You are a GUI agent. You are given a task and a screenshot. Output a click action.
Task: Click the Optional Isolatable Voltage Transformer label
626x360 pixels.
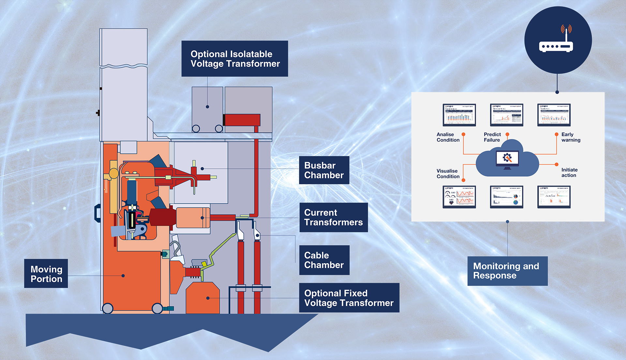pyautogui.click(x=235, y=59)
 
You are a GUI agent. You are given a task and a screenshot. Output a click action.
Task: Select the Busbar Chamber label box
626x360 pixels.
pyautogui.click(x=324, y=170)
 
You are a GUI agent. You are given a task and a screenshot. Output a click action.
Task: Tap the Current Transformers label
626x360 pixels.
pyautogui.click(x=333, y=217)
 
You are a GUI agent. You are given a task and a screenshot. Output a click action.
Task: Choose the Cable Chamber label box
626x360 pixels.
pyautogui.click(x=324, y=260)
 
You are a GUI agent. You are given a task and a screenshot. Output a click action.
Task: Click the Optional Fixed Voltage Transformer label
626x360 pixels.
pyautogui.click(x=349, y=298)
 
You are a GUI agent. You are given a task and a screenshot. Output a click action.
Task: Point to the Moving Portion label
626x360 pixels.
pyautogui.click(x=46, y=274)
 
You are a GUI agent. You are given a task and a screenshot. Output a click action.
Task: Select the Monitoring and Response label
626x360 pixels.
pyautogui.click(x=507, y=271)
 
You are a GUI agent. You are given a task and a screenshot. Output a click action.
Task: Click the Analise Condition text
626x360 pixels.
pyautogui.click(x=448, y=137)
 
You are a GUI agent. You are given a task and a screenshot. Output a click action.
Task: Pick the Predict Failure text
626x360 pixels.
pyautogui.click(x=492, y=137)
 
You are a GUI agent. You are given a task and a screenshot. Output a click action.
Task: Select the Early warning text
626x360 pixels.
pyautogui.click(x=571, y=137)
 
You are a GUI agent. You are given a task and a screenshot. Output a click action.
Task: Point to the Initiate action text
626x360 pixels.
pyautogui.click(x=569, y=173)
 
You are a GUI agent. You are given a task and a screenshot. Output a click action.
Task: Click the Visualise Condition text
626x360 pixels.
pyautogui.click(x=448, y=174)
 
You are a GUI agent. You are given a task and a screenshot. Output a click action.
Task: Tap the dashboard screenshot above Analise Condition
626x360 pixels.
pyautogui.click(x=459, y=115)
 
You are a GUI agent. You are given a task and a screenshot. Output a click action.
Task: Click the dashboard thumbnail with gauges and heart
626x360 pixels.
pyautogui.click(x=459, y=197)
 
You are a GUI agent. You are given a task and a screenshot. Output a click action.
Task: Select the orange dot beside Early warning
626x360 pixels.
pyautogui.click(x=557, y=134)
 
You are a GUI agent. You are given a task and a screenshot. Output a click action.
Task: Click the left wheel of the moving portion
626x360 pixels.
pyautogui.click(x=108, y=308)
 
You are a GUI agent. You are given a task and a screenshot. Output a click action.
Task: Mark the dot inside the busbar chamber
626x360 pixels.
pyautogui.click(x=202, y=169)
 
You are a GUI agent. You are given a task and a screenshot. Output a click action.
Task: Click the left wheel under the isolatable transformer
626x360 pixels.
pyautogui.click(x=196, y=129)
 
